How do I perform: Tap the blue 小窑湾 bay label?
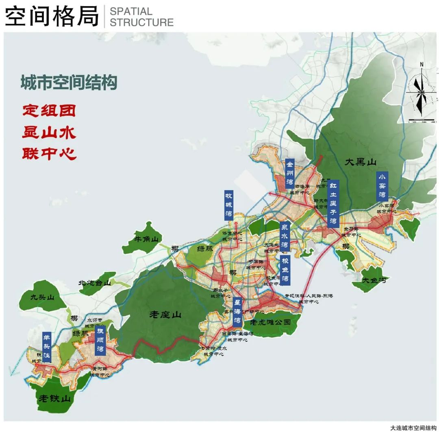pyautogui.click(x=382, y=186)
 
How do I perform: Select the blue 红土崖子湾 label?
pyautogui.click(x=333, y=204)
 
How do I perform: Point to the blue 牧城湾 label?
pyautogui.click(x=229, y=205)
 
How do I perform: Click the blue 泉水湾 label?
pyautogui.click(x=285, y=236)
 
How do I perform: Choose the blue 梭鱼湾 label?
pyautogui.click(x=285, y=270)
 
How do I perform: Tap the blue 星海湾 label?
pyautogui.click(x=238, y=312)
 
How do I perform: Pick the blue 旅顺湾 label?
pyautogui.click(x=100, y=341)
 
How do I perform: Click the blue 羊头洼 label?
pyautogui.click(x=47, y=347)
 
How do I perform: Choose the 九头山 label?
pyautogui.click(x=42, y=297)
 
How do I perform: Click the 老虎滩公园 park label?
pyautogui.click(x=270, y=322)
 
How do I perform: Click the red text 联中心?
pyautogui.click(x=49, y=154)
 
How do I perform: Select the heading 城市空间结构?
pyautogui.click(x=69, y=83)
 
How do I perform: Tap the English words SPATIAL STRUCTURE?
pyautogui.click(x=141, y=17)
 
